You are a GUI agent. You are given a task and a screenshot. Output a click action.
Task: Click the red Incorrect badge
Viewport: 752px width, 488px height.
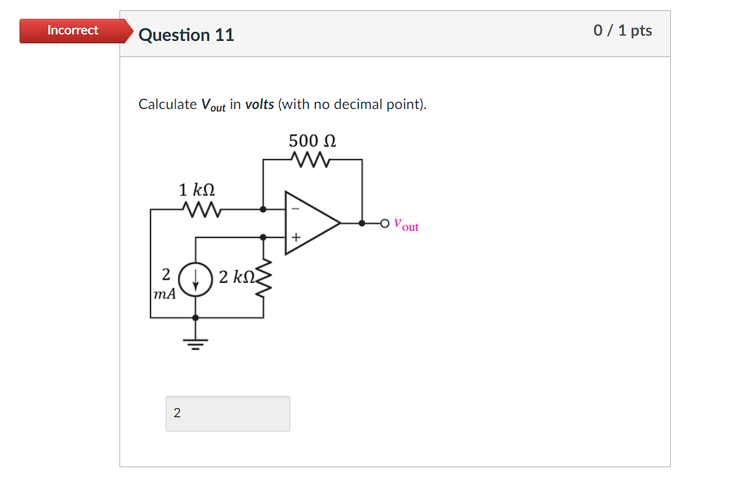coord(73,30)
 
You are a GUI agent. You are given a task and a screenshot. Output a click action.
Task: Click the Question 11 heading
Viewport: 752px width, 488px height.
coord(186,34)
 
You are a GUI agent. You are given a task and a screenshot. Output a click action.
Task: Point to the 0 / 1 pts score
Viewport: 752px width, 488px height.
coord(622,30)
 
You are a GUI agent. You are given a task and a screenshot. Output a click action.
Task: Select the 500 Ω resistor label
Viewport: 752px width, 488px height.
coord(312,141)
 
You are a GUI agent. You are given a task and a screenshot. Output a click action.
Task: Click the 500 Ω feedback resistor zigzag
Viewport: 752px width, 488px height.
coord(312,160)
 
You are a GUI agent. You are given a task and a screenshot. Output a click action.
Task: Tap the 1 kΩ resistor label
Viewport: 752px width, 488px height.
coord(197,190)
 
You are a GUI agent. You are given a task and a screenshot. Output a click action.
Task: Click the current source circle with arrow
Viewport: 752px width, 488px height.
coord(195,280)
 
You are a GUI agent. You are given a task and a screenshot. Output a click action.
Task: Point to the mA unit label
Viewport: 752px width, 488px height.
coord(164,294)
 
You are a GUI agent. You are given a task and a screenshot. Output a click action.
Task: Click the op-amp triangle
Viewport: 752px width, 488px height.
coord(310,223)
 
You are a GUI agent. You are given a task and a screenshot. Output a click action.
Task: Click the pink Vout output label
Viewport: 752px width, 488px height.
coord(407,226)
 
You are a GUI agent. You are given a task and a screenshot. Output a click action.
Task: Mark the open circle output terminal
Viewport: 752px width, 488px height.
coord(386,223)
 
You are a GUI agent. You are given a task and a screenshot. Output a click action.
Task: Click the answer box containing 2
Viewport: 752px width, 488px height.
coord(227,413)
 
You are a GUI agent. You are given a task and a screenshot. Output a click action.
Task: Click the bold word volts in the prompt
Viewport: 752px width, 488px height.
coord(259,104)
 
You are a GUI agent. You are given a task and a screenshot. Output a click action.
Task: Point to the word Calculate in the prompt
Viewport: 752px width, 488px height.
coord(168,104)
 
